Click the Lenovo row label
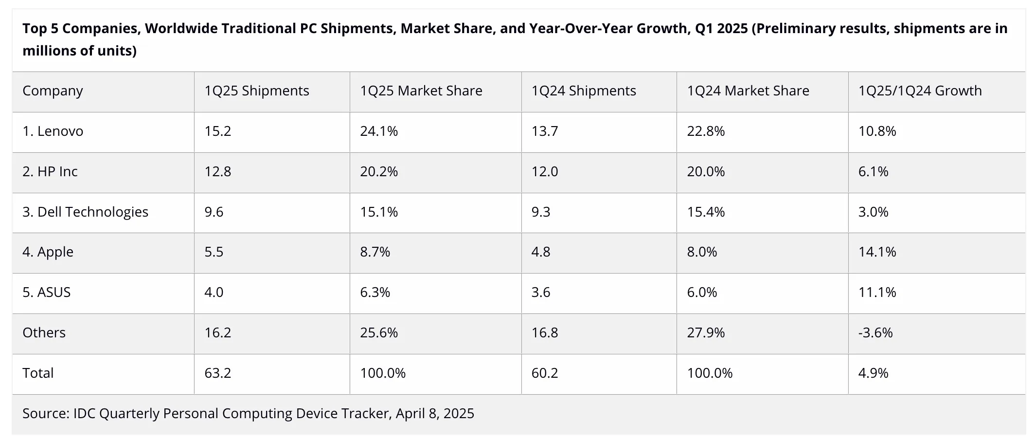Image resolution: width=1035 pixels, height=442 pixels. point(53,131)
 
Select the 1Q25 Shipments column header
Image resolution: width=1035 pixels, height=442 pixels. point(256,91)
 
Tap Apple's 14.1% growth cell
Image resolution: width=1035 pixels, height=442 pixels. point(876,252)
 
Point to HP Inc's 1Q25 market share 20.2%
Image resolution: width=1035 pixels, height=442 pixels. point(378,172)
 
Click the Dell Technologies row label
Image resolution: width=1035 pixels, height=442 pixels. point(85,212)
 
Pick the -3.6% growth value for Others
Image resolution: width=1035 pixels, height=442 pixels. point(875,333)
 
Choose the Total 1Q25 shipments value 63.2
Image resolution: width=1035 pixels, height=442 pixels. point(217,373)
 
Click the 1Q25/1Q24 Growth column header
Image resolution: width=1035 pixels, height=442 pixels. point(919,91)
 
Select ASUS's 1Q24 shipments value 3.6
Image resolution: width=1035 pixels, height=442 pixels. point(540,293)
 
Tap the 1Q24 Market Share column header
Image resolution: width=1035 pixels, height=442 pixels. point(748,91)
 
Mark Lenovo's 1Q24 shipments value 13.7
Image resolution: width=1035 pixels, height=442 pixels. point(544,131)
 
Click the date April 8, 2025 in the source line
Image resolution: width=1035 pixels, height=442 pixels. point(434,414)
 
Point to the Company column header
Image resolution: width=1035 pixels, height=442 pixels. point(53,91)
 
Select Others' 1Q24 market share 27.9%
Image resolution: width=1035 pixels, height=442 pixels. point(705,333)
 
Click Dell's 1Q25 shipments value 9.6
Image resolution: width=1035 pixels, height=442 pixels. point(214,212)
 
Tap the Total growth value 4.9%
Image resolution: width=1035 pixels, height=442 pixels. point(873,373)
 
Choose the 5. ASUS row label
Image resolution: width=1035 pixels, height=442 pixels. point(46,293)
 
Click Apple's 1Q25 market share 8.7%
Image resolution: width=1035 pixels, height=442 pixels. point(375,252)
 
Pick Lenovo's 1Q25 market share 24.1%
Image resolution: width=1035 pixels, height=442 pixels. point(378,131)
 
